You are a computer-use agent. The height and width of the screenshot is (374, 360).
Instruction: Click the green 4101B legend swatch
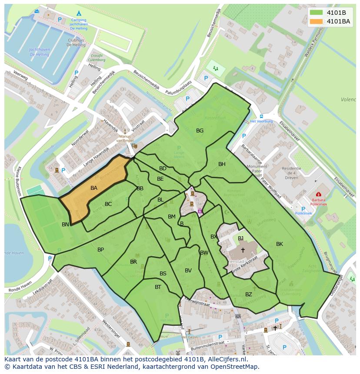[316, 13]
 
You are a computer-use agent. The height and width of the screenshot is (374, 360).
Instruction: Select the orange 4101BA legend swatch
[316, 21]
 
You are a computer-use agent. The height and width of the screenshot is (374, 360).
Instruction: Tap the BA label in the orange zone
[94, 188]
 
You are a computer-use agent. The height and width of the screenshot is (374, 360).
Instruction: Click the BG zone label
[200, 130]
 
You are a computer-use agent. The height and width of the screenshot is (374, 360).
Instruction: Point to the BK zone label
[280, 244]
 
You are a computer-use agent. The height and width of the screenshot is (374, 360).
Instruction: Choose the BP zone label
[100, 250]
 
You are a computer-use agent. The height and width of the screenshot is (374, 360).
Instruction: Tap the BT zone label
[158, 287]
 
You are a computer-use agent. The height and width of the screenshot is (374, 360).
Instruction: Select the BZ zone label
[248, 295]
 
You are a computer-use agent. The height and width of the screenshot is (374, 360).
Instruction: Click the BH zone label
[222, 164]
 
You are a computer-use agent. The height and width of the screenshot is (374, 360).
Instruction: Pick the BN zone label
[65, 225]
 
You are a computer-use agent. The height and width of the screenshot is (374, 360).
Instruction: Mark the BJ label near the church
[240, 238]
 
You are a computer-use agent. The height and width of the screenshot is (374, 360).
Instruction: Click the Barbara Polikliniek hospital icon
[318, 195]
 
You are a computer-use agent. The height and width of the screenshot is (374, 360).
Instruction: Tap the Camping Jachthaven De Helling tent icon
[79, 14]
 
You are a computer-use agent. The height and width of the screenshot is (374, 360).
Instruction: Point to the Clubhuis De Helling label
[76, 42]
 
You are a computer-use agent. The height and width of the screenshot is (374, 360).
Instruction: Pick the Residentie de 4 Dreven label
[291, 173]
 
